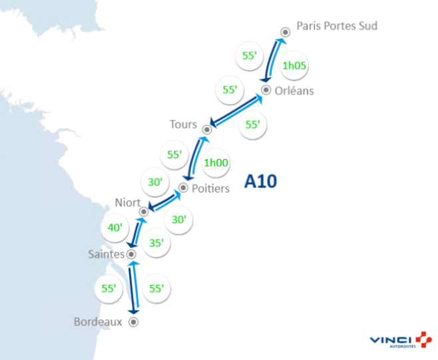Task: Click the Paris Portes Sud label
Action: tap(337, 26)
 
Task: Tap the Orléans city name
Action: tap(296, 91)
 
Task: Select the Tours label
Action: tap(183, 124)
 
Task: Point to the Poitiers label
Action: tap(210, 188)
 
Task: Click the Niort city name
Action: tap(127, 202)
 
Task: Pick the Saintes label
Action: tap(106, 254)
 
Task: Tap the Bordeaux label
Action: tap(99, 321)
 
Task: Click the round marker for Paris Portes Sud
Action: tap(285, 31)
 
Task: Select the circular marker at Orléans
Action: tap(266, 90)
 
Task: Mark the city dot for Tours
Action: tap(206, 128)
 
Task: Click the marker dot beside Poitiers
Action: tap(183, 188)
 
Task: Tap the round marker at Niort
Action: tap(142, 212)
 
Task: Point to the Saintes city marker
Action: tap(131, 254)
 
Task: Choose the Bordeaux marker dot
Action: tap(133, 322)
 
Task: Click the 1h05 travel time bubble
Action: tap(294, 66)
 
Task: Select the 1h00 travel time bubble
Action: tap(216, 162)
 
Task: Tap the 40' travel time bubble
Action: tap(115, 228)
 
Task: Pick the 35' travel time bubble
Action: tap(156, 243)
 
